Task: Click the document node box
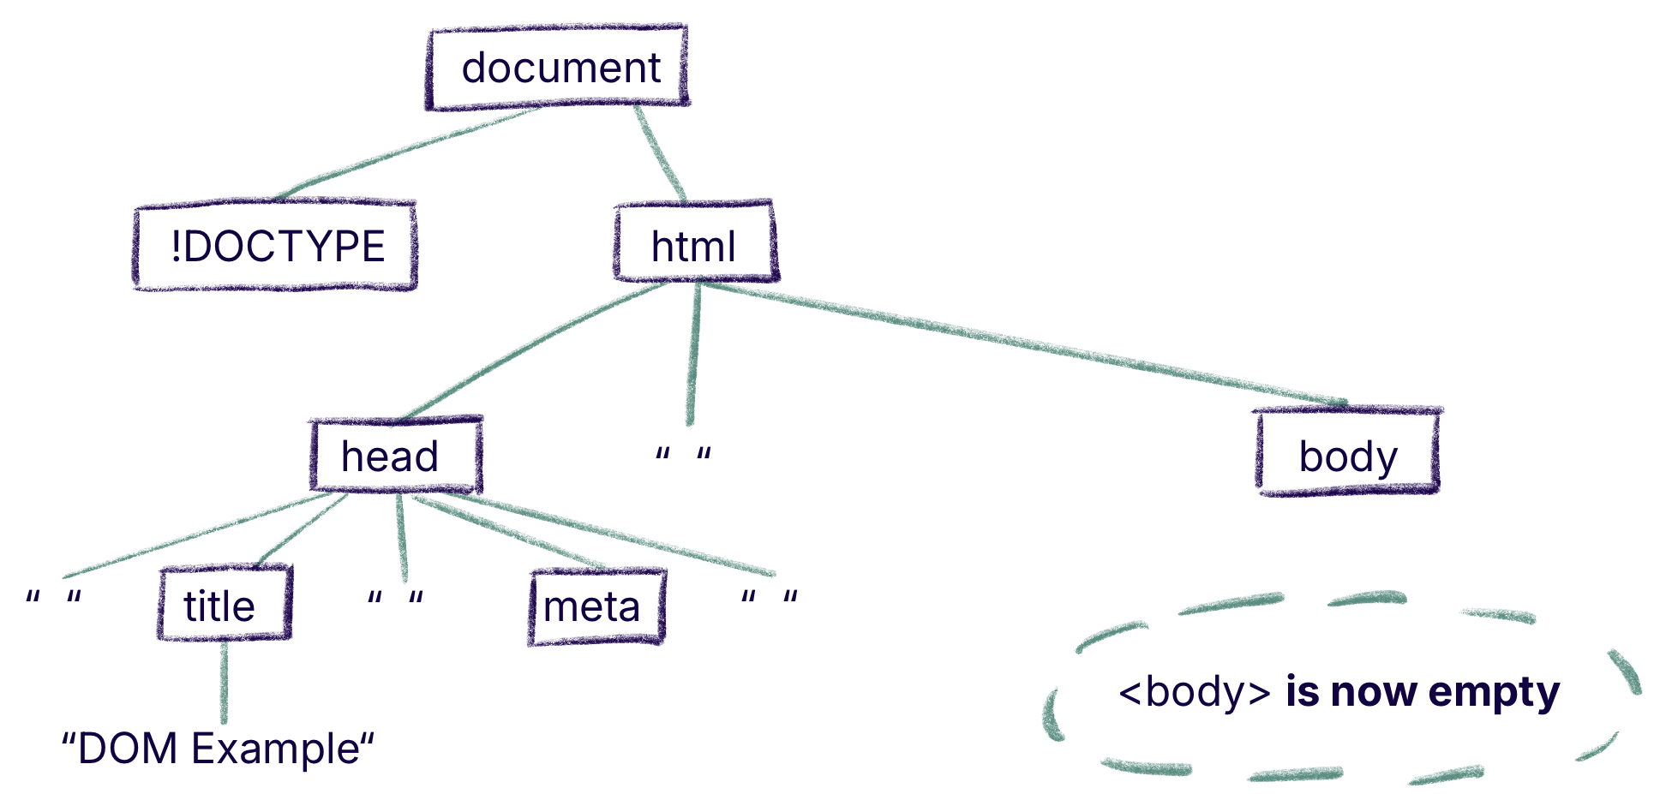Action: (x=558, y=68)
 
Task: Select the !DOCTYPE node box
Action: (x=276, y=247)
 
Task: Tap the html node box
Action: (x=695, y=245)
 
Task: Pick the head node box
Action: (x=394, y=456)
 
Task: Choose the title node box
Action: (x=224, y=605)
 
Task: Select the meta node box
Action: (x=596, y=607)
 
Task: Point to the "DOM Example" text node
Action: (x=218, y=749)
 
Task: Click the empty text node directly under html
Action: (x=683, y=455)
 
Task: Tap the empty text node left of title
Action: (x=53, y=598)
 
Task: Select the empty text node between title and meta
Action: (x=395, y=598)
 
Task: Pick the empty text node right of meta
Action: (x=769, y=598)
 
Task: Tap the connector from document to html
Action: (x=660, y=154)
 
